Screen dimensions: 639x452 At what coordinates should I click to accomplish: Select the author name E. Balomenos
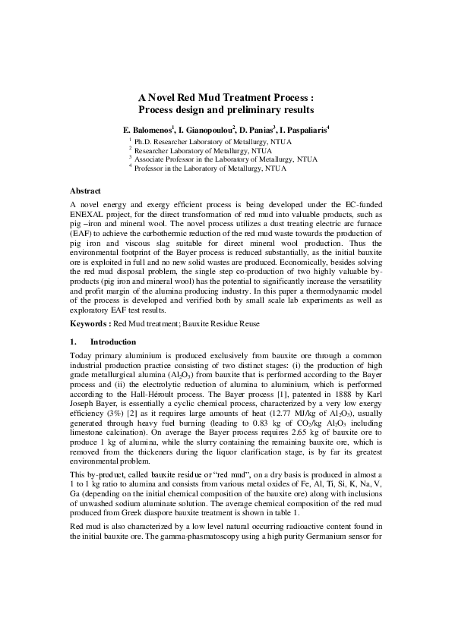coord(148,130)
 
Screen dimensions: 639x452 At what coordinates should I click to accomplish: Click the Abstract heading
coord(84,190)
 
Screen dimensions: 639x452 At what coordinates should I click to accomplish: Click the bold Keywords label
coord(90,324)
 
